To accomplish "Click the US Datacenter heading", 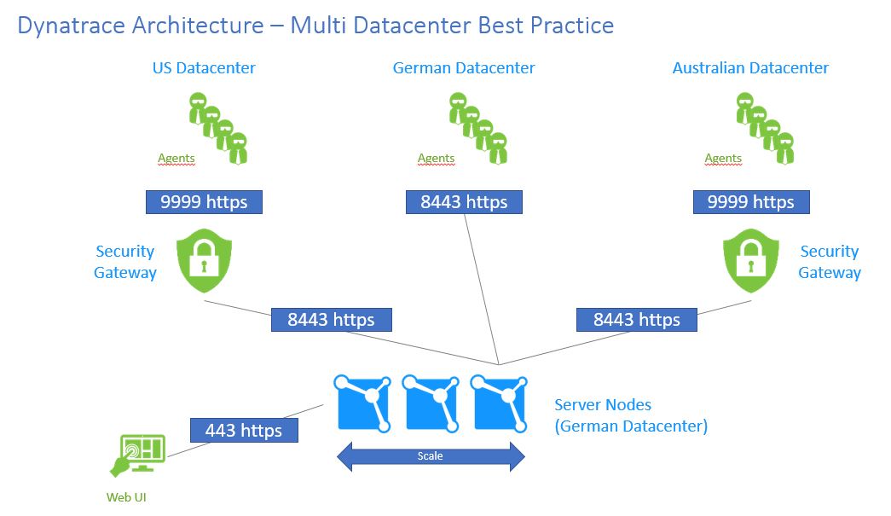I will (x=204, y=68).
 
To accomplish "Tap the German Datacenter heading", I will (x=464, y=68).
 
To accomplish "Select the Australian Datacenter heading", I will (x=750, y=68).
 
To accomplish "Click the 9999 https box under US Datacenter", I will (x=204, y=202).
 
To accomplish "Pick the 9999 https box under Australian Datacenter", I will (x=750, y=202).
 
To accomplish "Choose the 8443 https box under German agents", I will (x=464, y=202).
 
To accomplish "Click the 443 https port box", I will (x=244, y=430).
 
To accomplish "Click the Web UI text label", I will (x=125, y=497).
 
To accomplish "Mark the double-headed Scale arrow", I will (x=431, y=456).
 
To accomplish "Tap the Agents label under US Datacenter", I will (x=176, y=158).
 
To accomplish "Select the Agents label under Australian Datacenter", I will (x=723, y=158).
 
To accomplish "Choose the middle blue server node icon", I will (x=431, y=402).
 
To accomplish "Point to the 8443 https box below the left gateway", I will (x=331, y=320).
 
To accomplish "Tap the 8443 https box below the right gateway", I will (x=636, y=320).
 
